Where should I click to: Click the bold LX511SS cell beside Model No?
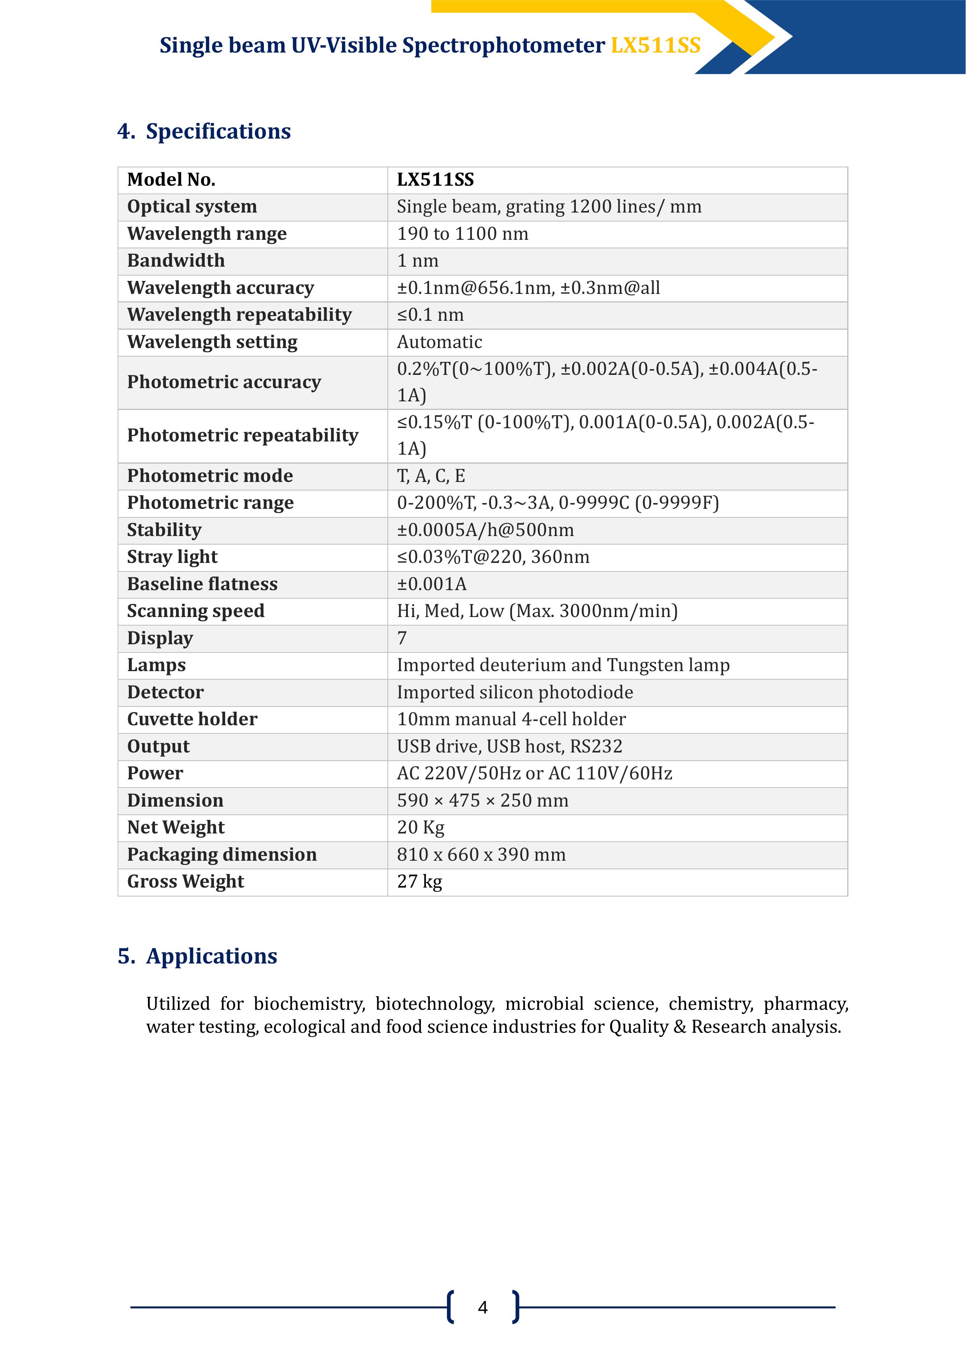click(x=435, y=180)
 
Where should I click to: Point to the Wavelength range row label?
click(x=206, y=234)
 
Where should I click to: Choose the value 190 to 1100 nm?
click(x=463, y=234)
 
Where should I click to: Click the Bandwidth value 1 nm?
click(x=417, y=260)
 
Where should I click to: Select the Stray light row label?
click(x=172, y=557)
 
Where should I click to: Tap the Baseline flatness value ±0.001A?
click(x=431, y=584)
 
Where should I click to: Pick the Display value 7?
click(x=402, y=638)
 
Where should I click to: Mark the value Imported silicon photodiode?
click(x=515, y=693)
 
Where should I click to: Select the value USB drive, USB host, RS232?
click(x=510, y=747)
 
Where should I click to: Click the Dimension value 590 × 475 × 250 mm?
click(x=482, y=801)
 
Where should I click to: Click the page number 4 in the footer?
click(x=483, y=1307)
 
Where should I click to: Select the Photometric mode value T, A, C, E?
click(x=431, y=476)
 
